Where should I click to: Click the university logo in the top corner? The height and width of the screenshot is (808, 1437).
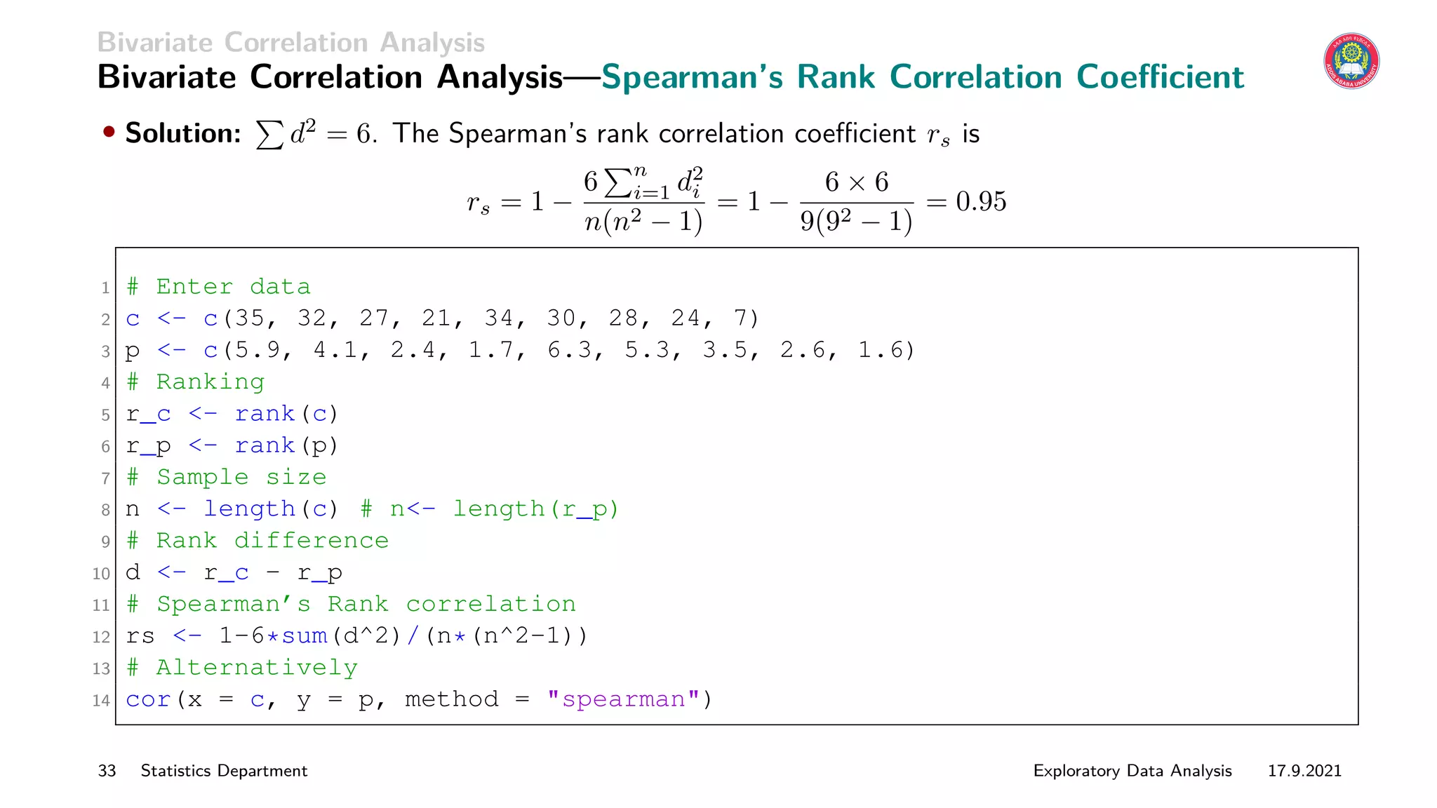click(x=1351, y=61)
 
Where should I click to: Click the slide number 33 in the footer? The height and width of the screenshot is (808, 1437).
click(x=107, y=771)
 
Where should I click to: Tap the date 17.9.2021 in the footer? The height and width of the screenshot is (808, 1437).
click(x=1304, y=771)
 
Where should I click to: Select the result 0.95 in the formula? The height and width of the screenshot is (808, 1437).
click(x=981, y=201)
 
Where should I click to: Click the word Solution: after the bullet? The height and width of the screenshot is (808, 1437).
click(x=183, y=133)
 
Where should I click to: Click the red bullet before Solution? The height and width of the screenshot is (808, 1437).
click(x=109, y=132)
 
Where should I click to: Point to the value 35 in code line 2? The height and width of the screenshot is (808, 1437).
click(x=249, y=318)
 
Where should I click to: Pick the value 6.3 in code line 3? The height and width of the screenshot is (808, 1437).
click(x=570, y=350)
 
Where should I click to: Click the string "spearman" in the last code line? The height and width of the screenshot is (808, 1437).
click(x=623, y=699)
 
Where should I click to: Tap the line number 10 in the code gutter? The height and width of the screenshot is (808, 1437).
click(x=101, y=574)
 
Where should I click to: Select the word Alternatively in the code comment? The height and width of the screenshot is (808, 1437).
click(x=257, y=668)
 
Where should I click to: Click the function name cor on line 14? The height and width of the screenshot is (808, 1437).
click(x=148, y=699)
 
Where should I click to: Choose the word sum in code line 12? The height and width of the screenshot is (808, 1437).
click(x=305, y=636)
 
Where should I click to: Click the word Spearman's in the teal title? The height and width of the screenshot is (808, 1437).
click(x=692, y=77)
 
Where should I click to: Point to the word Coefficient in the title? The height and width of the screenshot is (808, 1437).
click(x=1160, y=77)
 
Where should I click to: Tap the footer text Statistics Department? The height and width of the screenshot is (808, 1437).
click(x=224, y=771)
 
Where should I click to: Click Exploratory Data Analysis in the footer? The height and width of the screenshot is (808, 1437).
click(x=1132, y=771)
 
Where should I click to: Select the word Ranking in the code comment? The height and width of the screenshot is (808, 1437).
click(x=210, y=382)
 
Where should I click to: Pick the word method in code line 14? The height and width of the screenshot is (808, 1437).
click(x=451, y=699)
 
